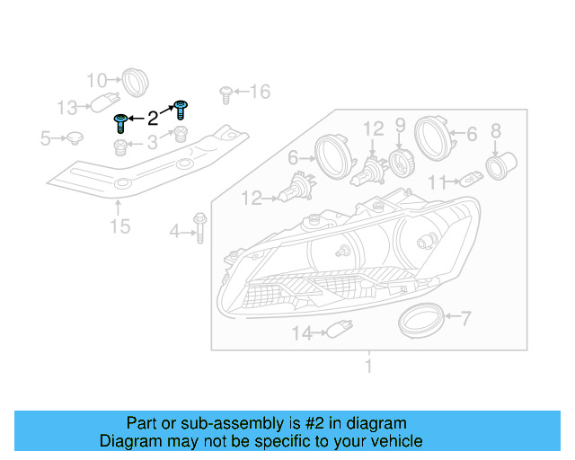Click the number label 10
96,79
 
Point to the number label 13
67,108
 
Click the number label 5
46,138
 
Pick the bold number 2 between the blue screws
153,117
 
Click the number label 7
465,317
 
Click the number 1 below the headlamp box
367,366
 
